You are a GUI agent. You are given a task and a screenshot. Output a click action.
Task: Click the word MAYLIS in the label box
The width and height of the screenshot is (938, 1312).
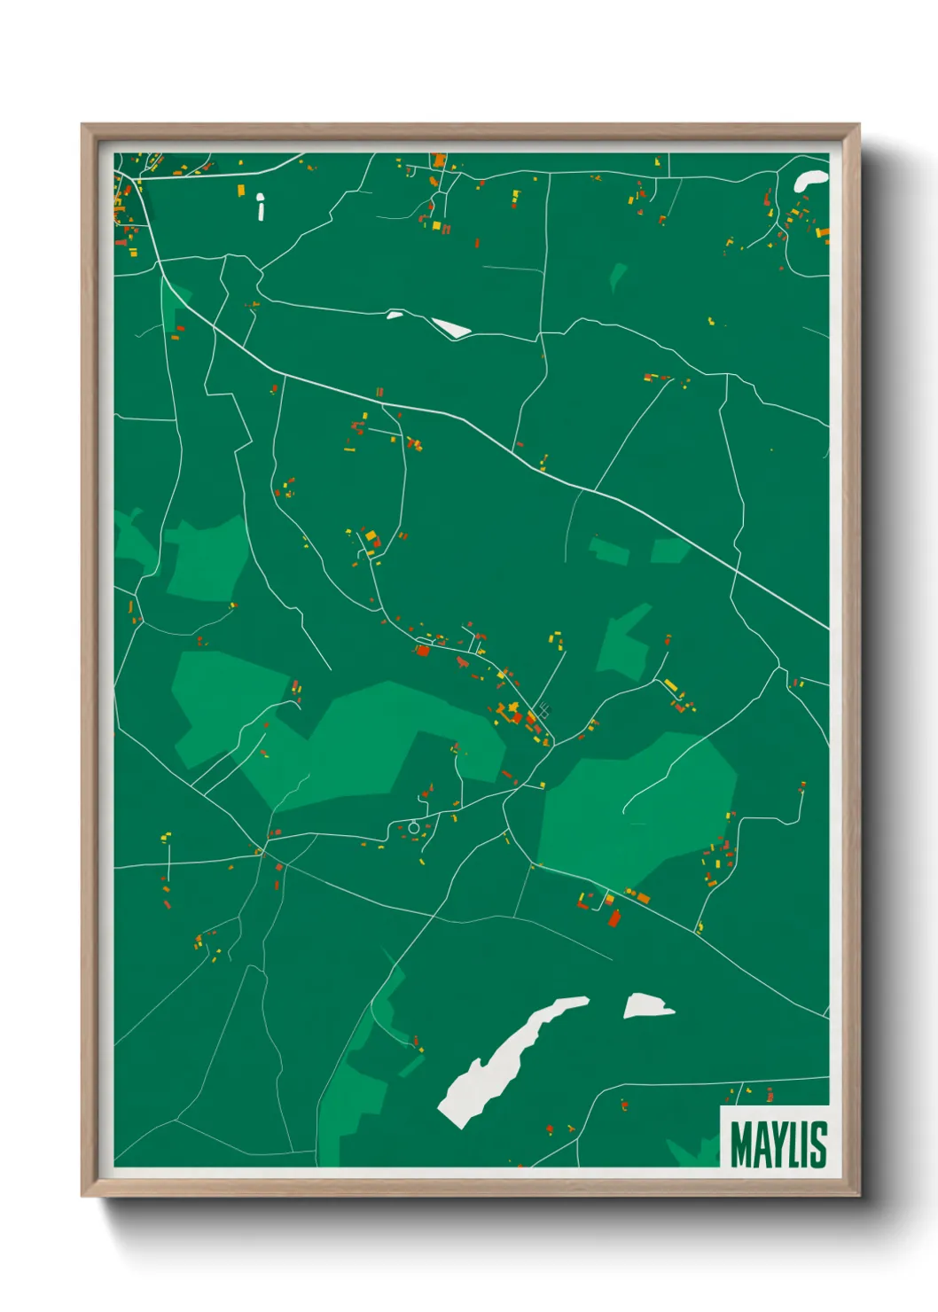coord(778,1144)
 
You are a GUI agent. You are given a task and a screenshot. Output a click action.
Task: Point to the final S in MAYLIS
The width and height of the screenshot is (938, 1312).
coord(819,1144)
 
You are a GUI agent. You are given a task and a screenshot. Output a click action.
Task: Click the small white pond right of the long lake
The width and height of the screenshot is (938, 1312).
coord(646,1006)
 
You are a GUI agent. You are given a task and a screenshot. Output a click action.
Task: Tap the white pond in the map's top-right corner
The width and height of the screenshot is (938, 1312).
coord(810,179)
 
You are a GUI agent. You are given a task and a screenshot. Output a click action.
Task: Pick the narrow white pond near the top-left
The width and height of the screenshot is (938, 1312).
coord(261,207)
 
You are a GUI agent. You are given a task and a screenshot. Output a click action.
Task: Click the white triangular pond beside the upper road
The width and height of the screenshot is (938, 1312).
coord(452,328)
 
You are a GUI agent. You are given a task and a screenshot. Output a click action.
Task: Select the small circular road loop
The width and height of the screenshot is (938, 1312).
coord(413,828)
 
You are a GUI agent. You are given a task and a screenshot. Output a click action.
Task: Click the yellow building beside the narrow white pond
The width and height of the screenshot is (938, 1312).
coord(241,190)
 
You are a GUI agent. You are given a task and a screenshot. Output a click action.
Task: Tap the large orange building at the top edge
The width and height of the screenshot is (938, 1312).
coord(439,160)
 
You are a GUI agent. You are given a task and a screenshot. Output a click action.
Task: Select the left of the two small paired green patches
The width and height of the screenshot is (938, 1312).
coord(610,551)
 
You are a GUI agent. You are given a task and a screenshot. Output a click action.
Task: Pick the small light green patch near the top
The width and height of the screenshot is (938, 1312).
coord(618,275)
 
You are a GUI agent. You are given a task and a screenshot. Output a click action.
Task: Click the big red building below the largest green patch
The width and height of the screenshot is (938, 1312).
coord(614,918)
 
